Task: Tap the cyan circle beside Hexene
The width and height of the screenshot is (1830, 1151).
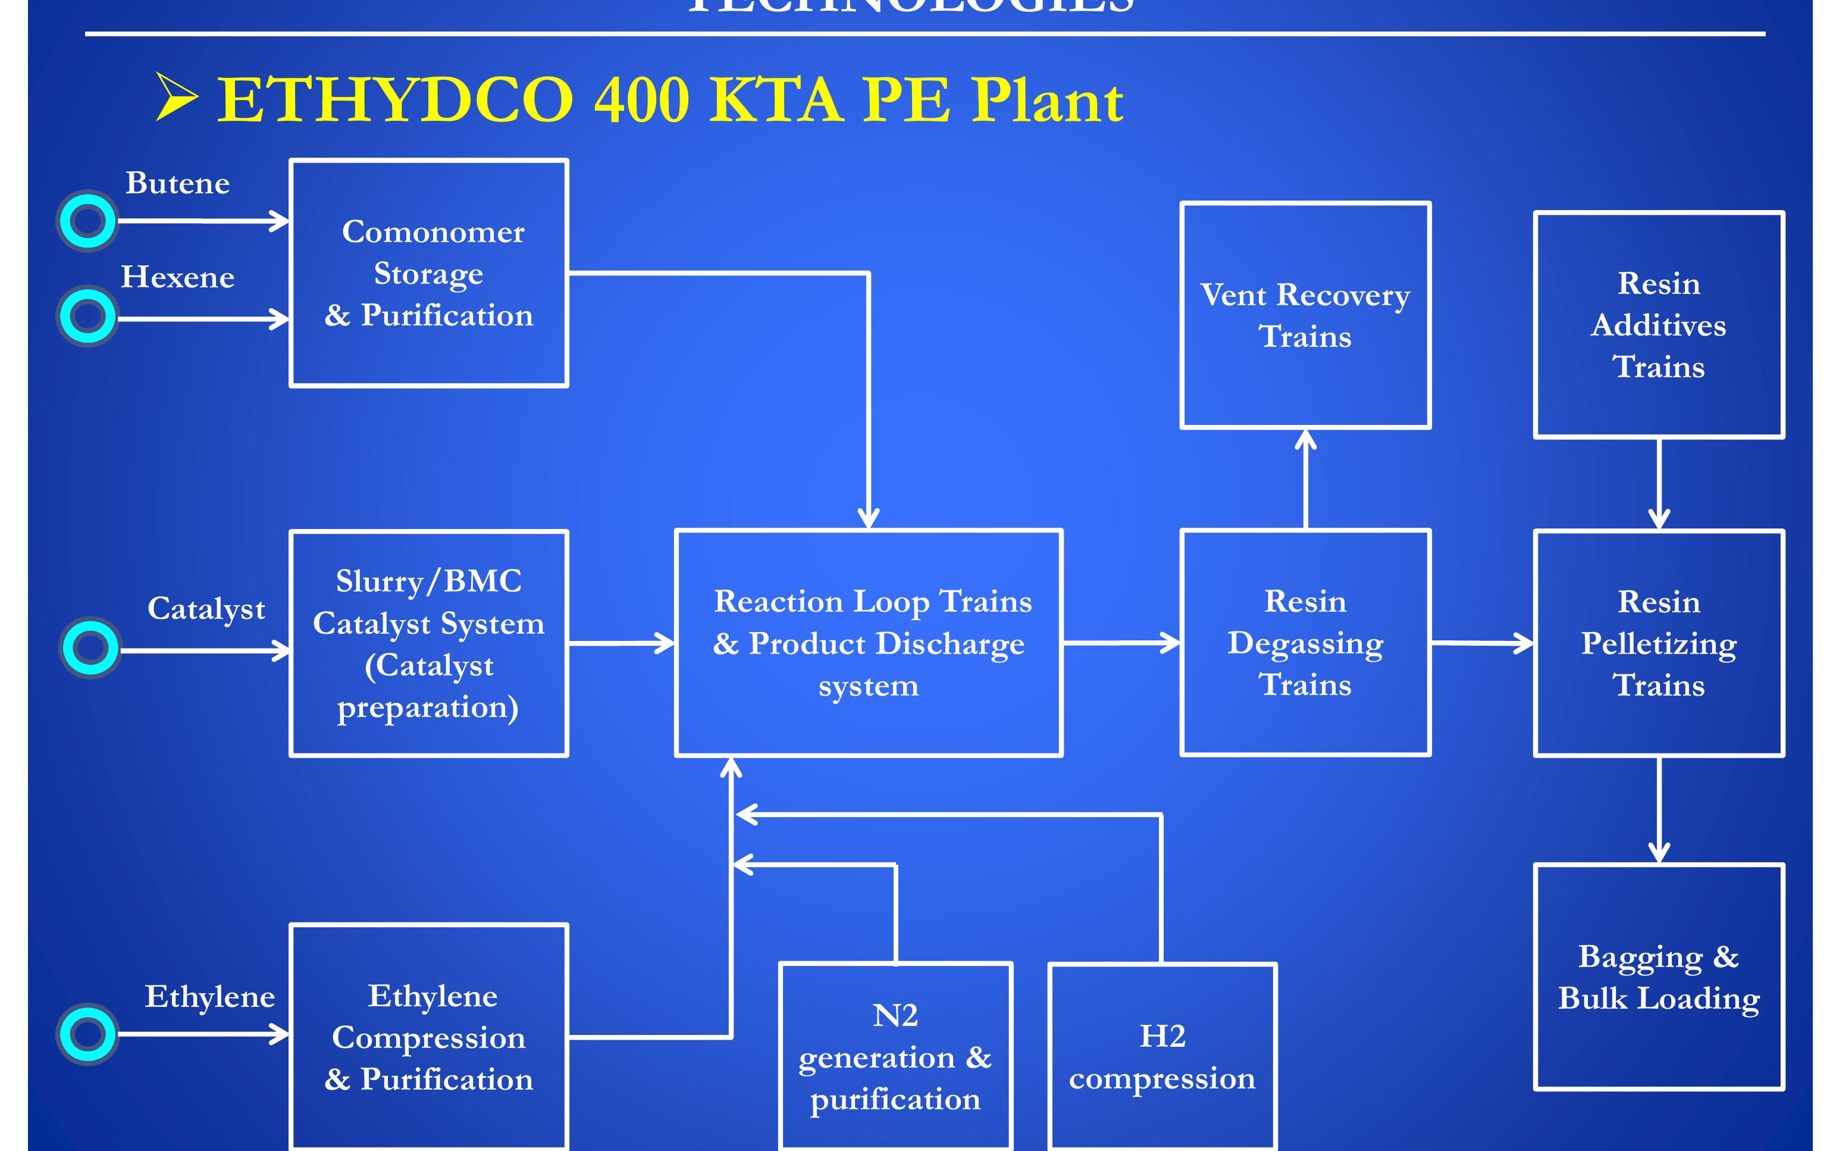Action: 88,315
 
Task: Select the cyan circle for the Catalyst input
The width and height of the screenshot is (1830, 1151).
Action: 90,648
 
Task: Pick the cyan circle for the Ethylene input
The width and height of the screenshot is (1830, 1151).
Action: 88,1034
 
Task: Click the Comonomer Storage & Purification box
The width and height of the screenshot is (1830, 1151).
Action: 428,273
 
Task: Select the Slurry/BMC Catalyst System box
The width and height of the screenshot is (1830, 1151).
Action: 428,643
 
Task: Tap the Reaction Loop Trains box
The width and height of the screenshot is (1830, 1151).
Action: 869,643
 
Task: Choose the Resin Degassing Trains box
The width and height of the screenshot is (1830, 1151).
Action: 1305,643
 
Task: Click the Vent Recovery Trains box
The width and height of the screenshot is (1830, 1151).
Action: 1305,315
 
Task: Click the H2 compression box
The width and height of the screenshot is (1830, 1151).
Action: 1162,1057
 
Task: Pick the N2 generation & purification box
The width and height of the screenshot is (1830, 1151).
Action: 895,1057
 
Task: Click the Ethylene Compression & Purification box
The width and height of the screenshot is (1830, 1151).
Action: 428,1037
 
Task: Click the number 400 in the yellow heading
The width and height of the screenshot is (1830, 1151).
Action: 641,101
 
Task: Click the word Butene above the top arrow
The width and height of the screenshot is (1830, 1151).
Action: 178,183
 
